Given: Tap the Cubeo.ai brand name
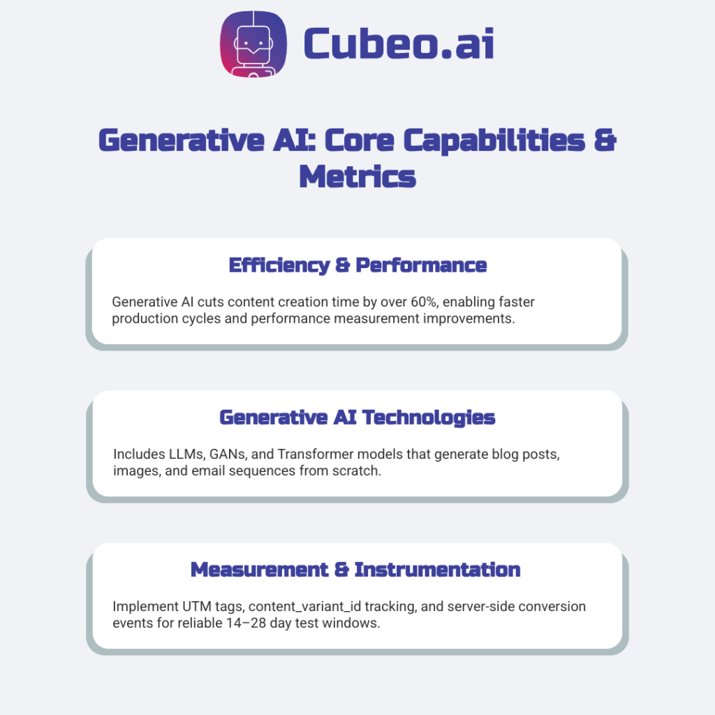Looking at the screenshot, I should click(x=399, y=43).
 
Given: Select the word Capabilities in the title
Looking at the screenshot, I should click(x=499, y=140).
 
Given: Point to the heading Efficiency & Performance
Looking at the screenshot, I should click(x=357, y=265).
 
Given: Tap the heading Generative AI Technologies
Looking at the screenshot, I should click(x=357, y=418).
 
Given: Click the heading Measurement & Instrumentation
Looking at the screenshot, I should click(x=355, y=570).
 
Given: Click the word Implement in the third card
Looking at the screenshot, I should click(x=139, y=607).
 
